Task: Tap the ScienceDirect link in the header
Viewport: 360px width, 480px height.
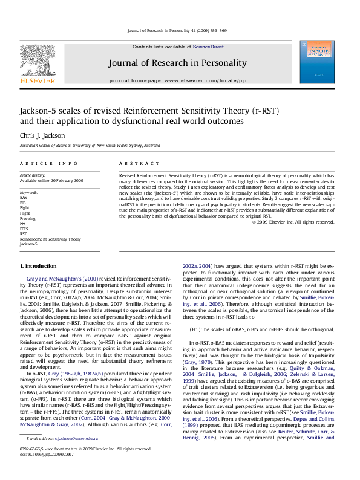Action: (x=208, y=47)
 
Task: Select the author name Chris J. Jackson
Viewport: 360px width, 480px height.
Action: (x=42, y=137)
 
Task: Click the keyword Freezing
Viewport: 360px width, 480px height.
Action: (x=28, y=218)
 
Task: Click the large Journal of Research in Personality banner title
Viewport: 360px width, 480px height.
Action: (x=186, y=62)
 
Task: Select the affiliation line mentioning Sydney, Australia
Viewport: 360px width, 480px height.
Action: (x=90, y=146)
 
